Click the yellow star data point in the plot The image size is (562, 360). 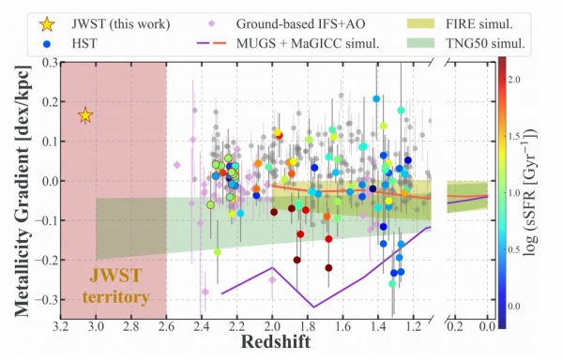85,115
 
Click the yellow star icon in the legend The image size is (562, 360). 47,24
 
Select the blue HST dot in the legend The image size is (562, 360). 47,44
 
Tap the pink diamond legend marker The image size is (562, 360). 212,24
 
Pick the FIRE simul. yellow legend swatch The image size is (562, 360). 420,24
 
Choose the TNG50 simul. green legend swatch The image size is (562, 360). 420,43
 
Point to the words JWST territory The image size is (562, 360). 115,287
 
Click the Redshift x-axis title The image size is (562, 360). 276,341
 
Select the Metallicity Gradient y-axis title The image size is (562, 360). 23,191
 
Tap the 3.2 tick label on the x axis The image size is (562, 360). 61,326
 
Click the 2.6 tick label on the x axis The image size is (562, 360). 166,326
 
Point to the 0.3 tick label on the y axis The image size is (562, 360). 50,62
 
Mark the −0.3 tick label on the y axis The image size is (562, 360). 47,299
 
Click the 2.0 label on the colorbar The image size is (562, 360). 514,79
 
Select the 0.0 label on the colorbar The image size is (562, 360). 514,307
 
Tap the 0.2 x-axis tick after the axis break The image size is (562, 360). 455,326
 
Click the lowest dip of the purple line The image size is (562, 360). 314,307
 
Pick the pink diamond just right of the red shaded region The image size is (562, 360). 177,165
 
